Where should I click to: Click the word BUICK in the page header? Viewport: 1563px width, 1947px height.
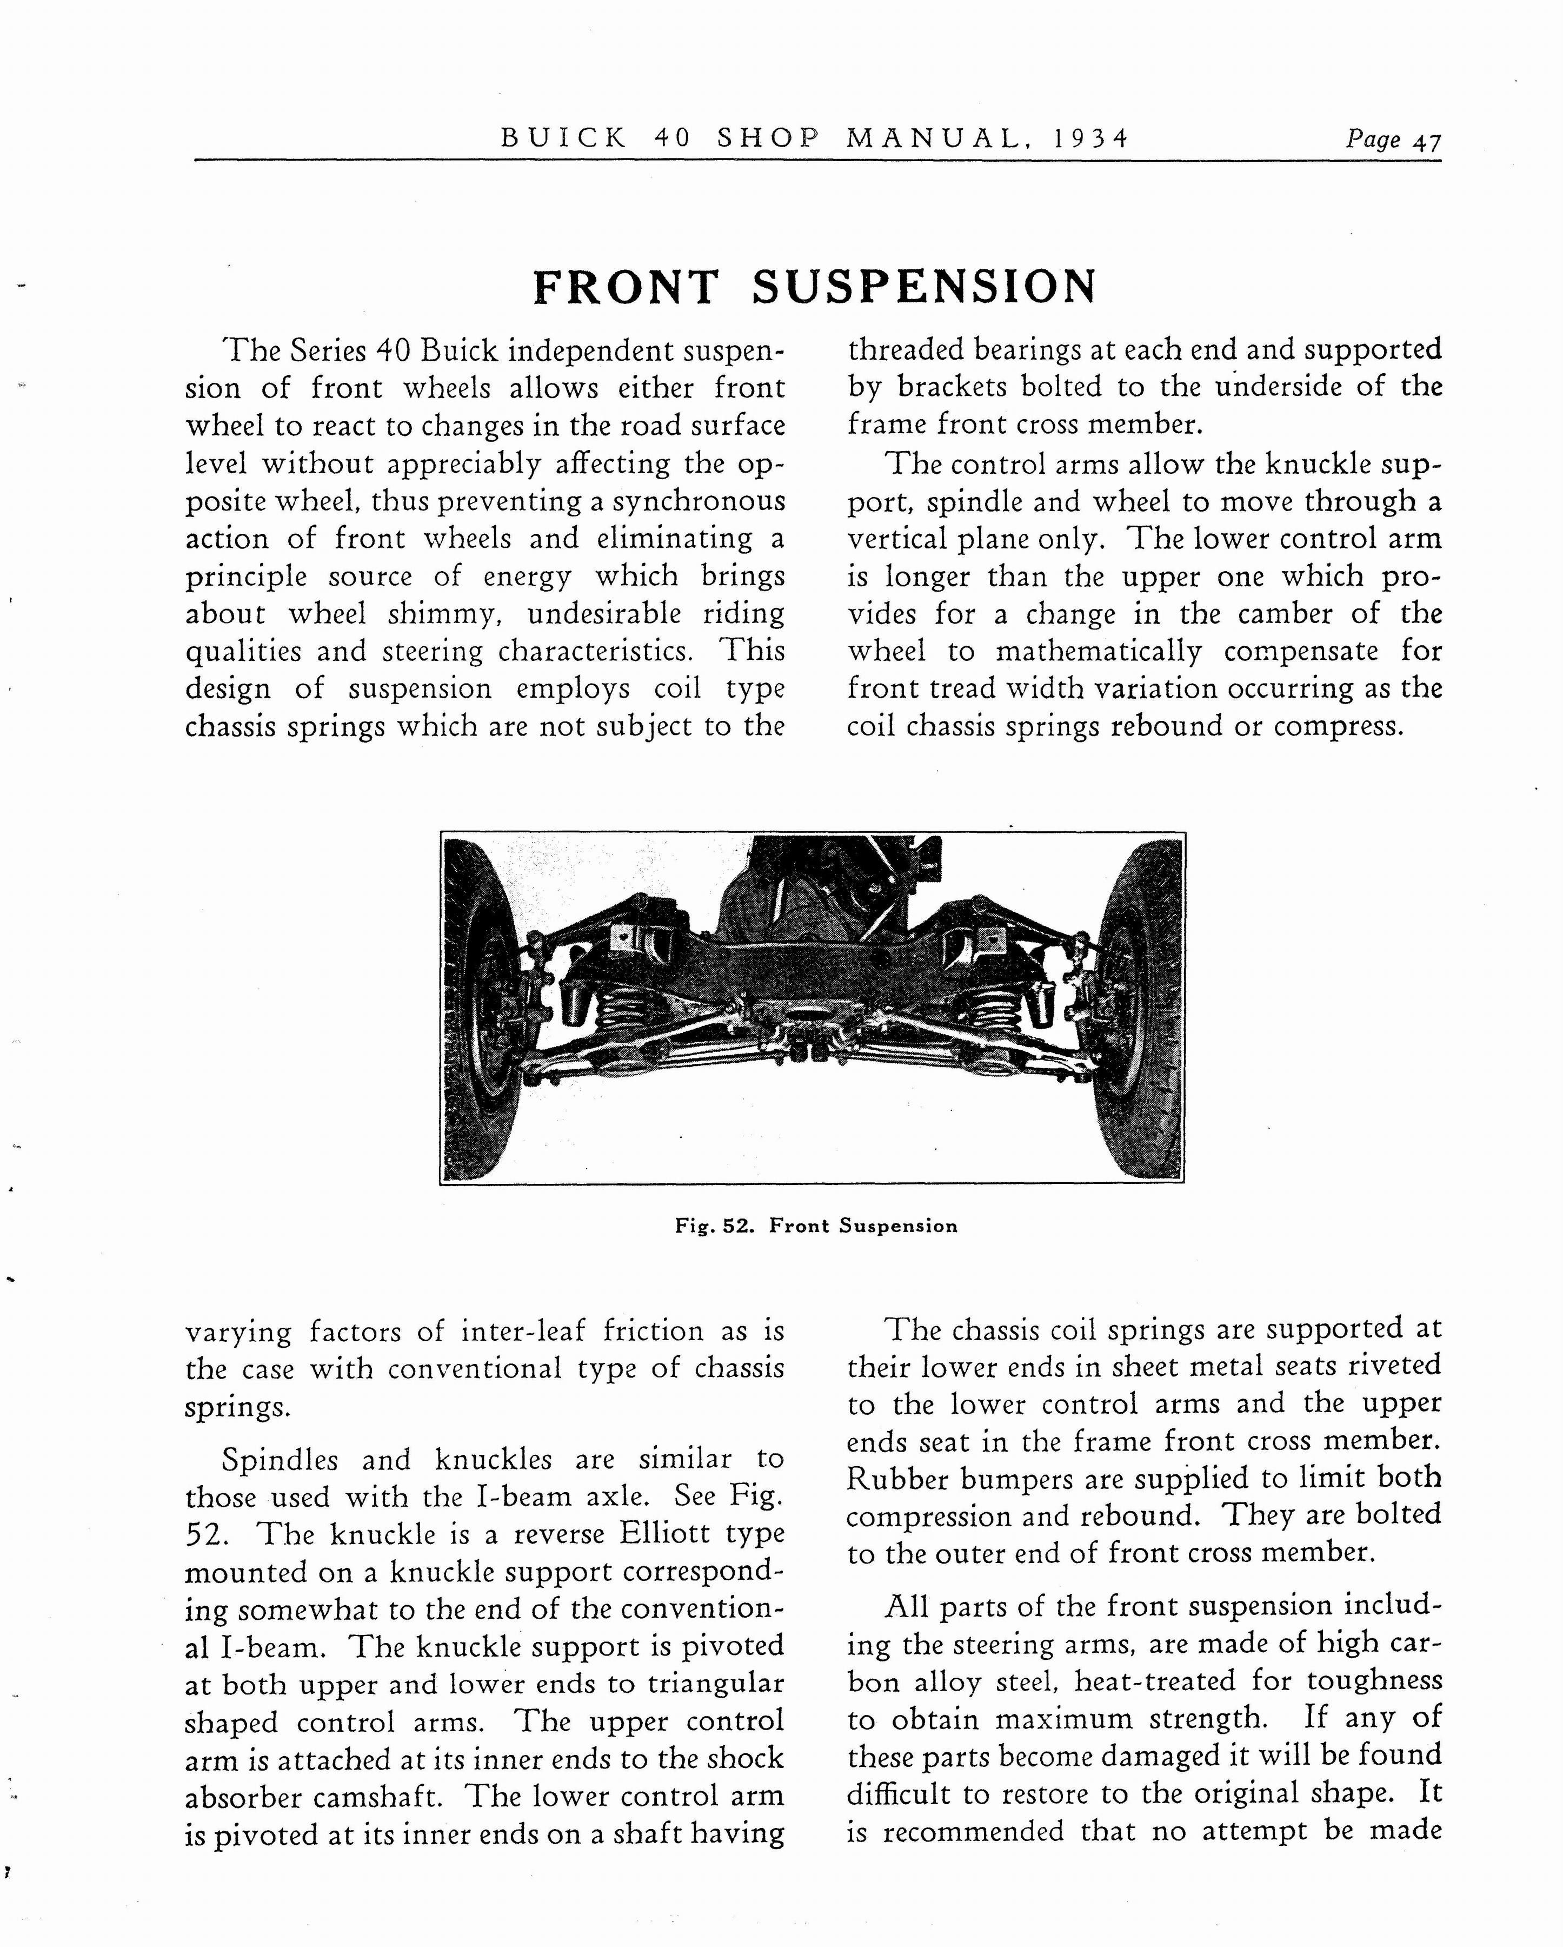tap(563, 137)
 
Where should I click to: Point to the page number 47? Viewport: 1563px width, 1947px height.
tap(1427, 142)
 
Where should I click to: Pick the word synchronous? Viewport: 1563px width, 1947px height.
tap(699, 501)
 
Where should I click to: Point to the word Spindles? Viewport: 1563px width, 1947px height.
tap(280, 1459)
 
